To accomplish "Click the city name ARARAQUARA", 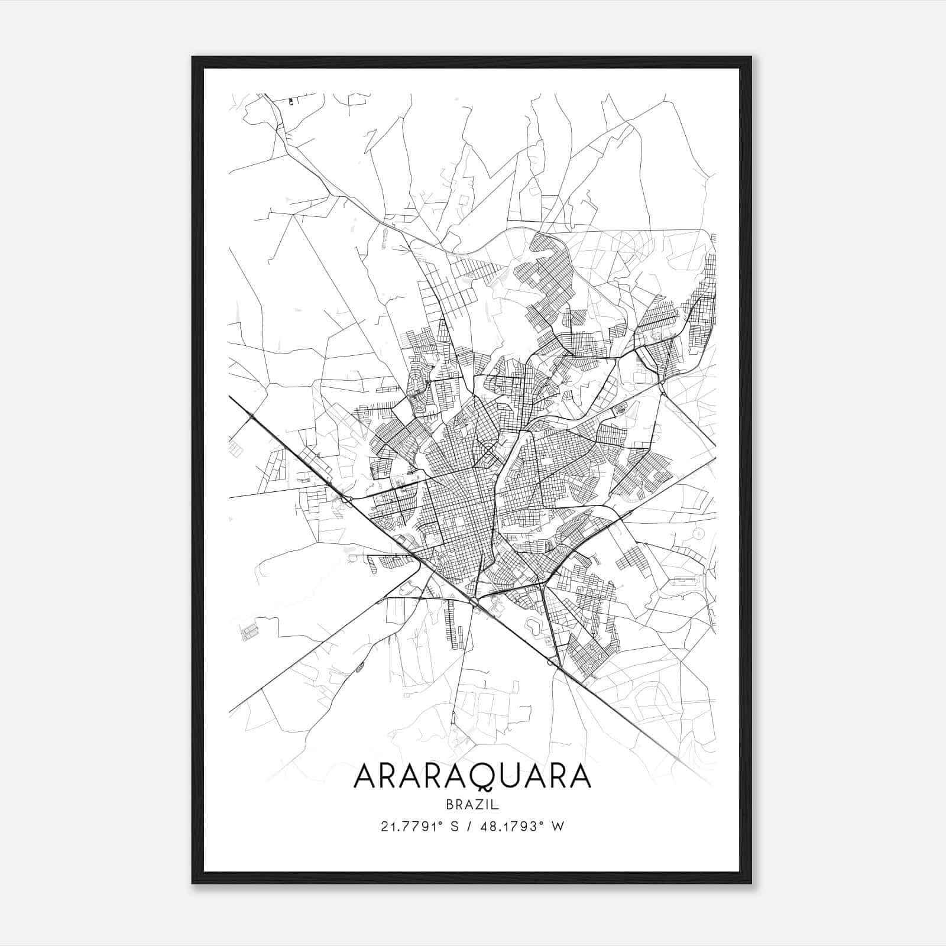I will pos(472,776).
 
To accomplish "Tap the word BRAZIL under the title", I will pos(472,804).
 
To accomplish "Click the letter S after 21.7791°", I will pos(455,827).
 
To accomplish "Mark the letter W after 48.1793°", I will pos(558,827).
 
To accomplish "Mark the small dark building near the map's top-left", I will pos(291,102).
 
